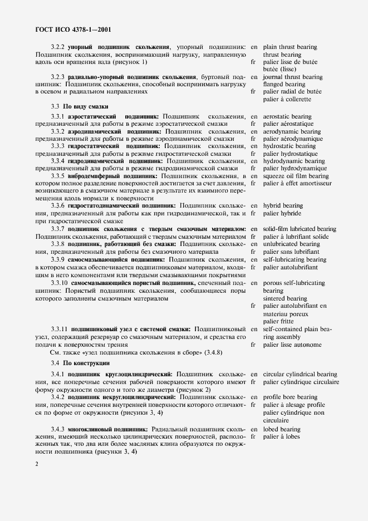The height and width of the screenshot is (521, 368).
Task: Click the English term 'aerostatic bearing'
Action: [x=287, y=116]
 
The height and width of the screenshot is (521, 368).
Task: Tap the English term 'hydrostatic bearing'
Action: [x=289, y=146]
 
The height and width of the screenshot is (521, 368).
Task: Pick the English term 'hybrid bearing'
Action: [x=283, y=206]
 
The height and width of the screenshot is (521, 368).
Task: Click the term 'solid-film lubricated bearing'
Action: [x=300, y=229]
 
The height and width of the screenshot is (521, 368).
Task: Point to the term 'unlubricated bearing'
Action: [x=291, y=244]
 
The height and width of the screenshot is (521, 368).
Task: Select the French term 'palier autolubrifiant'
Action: [x=290, y=267]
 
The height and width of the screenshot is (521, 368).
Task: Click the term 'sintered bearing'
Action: [x=285, y=298]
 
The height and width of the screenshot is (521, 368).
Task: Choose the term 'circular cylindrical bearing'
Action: [x=300, y=375]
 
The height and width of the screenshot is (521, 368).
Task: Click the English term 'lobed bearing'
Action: [x=282, y=429]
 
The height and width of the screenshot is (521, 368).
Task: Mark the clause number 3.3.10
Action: [x=60, y=283]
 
